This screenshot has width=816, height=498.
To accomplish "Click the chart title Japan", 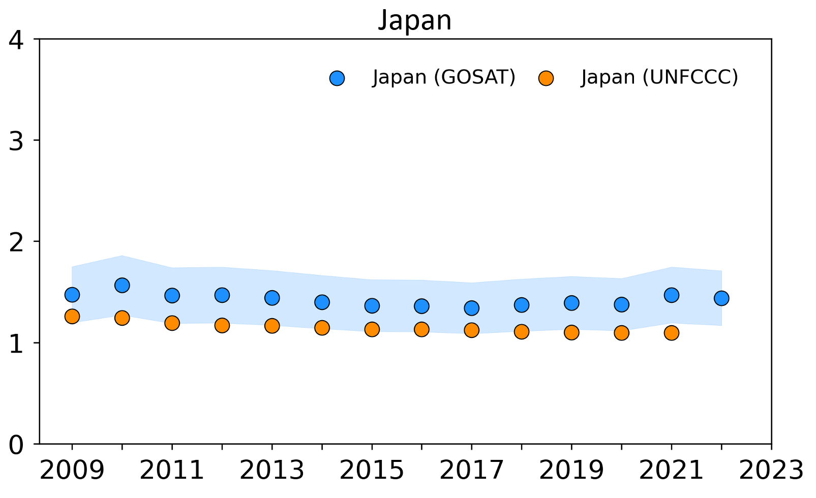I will tap(414, 21).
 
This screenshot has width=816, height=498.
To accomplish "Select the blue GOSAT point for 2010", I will tap(122, 285).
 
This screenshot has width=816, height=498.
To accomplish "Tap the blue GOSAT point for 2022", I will tap(721, 298).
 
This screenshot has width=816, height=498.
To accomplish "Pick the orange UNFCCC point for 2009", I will tap(72, 316).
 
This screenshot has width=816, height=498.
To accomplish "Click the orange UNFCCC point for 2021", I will tap(672, 333).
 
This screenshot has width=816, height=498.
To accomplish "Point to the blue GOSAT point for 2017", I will tap(472, 307).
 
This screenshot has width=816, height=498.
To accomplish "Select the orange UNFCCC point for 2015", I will tap(372, 329).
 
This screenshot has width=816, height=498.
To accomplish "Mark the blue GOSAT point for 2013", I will tap(272, 297).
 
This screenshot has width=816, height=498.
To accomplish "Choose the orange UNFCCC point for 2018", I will tap(522, 332).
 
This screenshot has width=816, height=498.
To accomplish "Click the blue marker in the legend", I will tap(337, 78).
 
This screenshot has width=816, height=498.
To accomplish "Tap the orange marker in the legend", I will tap(546, 78).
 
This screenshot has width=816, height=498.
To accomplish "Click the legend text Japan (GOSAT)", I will tap(444, 77).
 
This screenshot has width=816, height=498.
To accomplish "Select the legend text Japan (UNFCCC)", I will tap(659, 77).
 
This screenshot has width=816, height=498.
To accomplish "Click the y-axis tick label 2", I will tap(17, 242).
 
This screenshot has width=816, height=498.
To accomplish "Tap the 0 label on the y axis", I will tap(17, 445).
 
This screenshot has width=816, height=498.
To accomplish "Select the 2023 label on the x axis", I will tap(771, 471).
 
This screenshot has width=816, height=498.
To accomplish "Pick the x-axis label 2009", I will tap(72, 471).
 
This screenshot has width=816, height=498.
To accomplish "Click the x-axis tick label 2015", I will tap(372, 471).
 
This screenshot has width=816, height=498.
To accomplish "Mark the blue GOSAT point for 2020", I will tap(621, 304).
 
